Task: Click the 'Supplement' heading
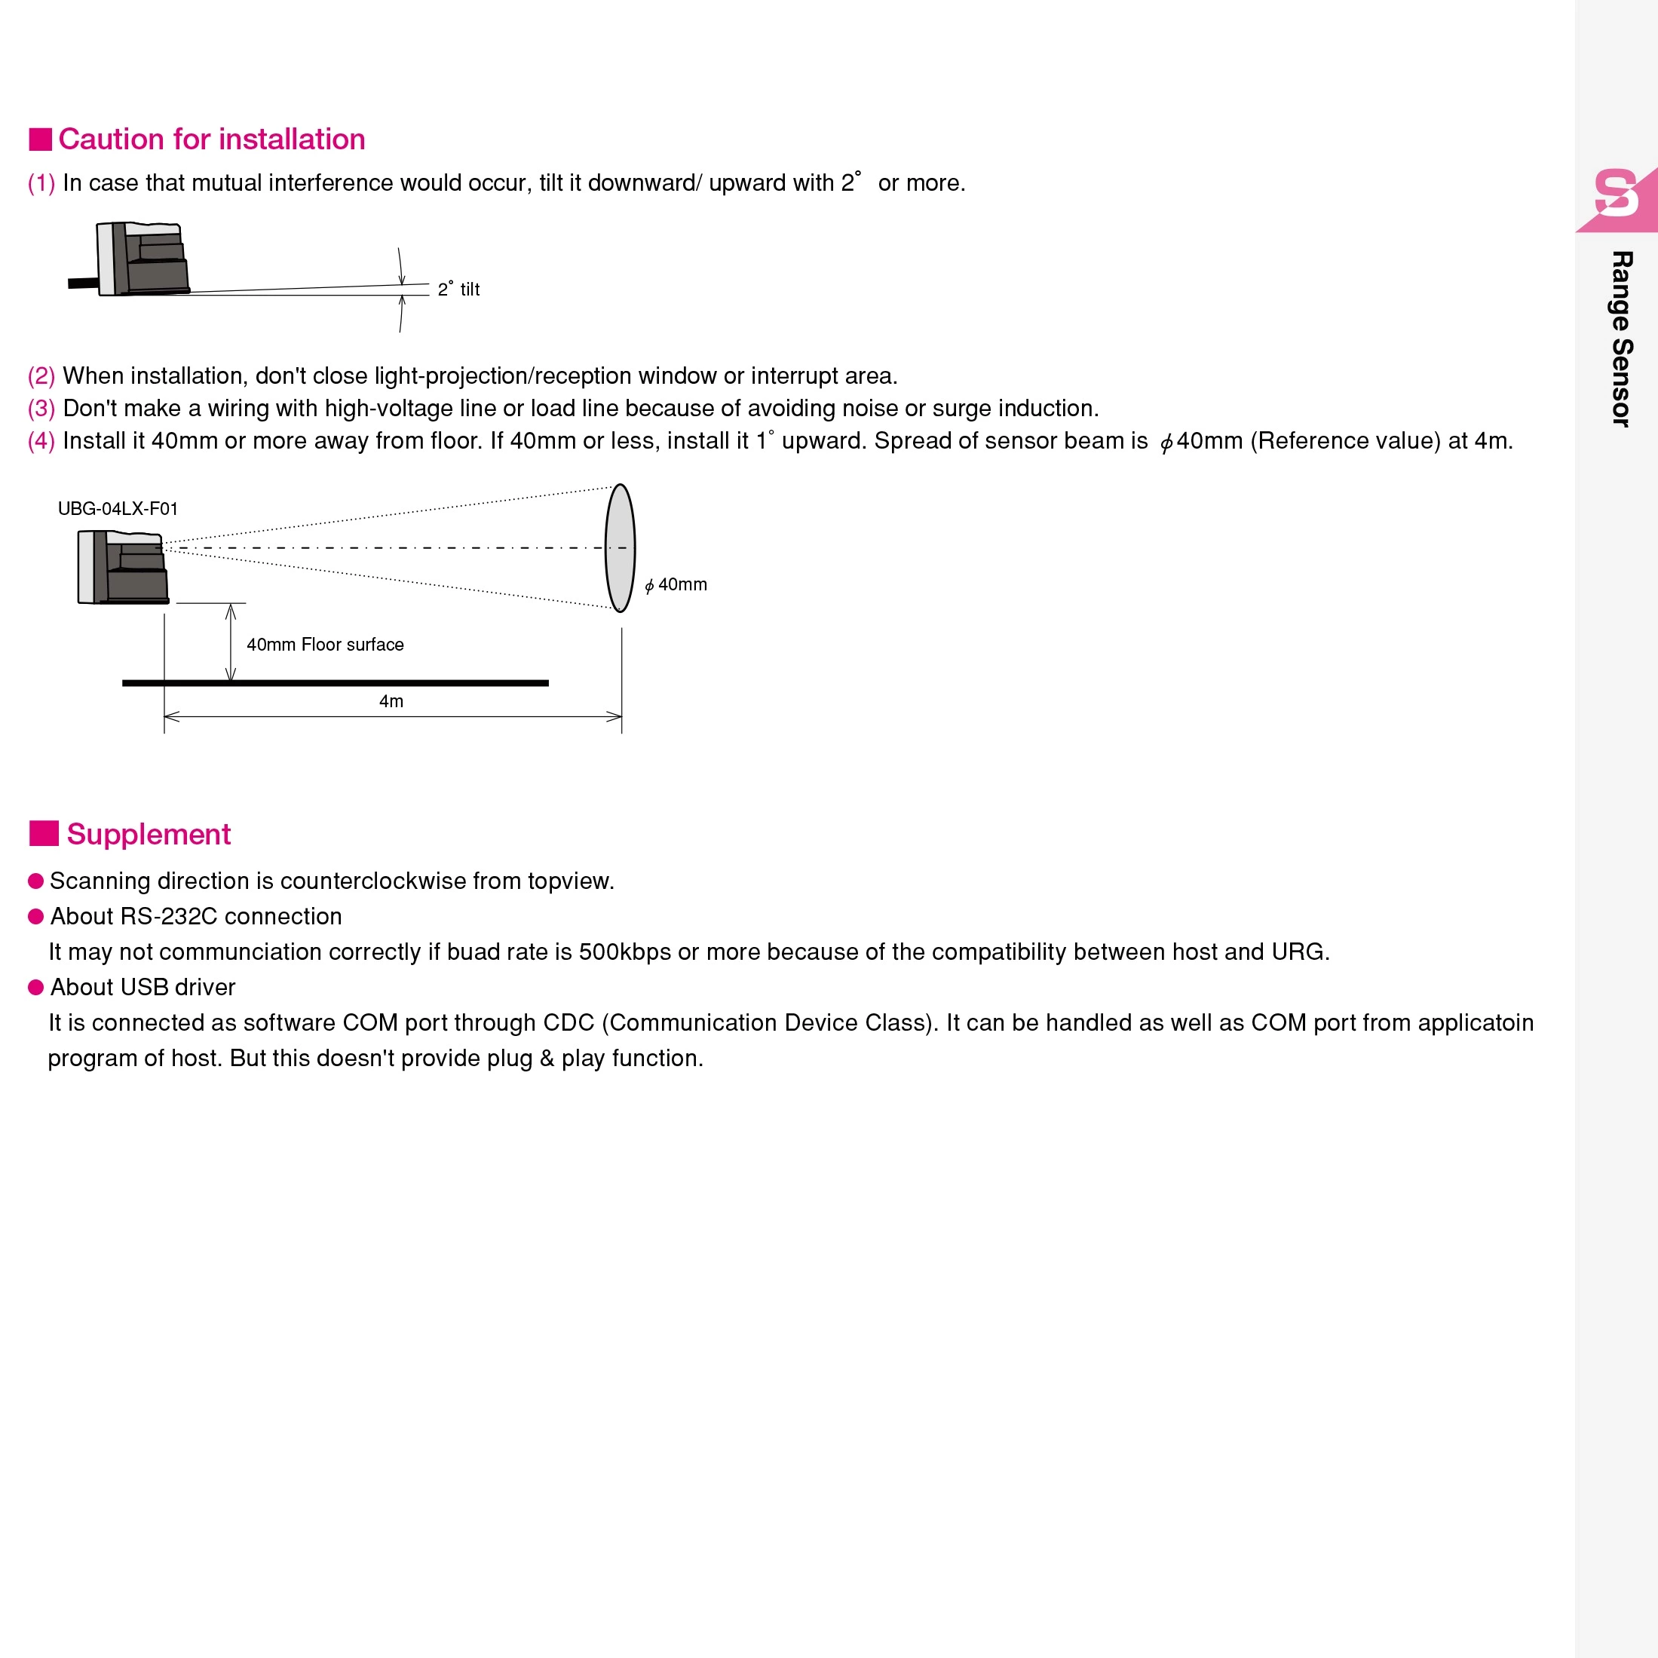point(149,834)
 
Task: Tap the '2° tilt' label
point(458,290)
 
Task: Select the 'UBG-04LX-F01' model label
point(118,509)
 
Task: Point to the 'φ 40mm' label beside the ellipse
point(676,585)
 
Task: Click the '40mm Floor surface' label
point(324,645)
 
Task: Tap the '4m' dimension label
point(391,701)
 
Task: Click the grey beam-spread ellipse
point(620,547)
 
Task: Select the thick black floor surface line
point(335,683)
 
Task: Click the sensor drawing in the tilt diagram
point(143,259)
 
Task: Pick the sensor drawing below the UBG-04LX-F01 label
point(122,567)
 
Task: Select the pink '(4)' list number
point(41,441)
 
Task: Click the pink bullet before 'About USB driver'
point(36,987)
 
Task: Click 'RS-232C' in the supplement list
point(169,917)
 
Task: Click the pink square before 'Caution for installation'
point(40,139)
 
